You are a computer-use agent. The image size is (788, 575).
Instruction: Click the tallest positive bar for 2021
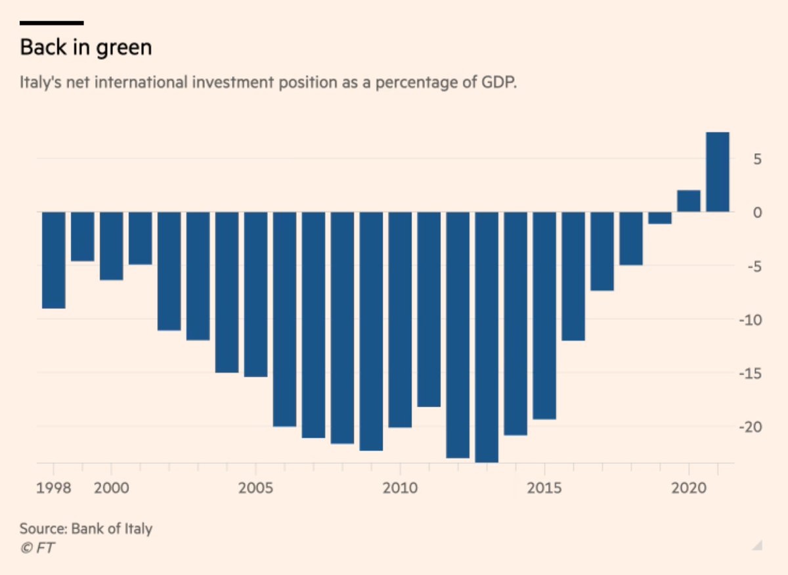[717, 172]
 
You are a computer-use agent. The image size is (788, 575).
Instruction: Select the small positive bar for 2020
[688, 201]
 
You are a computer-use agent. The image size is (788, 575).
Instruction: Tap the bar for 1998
[54, 260]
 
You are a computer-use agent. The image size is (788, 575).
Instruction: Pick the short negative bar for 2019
[659, 218]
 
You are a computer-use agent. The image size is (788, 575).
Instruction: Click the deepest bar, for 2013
[487, 336]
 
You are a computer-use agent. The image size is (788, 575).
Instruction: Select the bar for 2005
[255, 294]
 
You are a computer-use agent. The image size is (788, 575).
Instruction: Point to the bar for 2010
[400, 319]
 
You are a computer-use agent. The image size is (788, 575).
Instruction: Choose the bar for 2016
[573, 276]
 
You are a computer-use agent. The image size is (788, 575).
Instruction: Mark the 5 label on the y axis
[757, 159]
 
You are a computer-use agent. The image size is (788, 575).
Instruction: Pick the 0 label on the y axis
[757, 213]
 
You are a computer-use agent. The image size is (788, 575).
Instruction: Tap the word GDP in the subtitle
[500, 84]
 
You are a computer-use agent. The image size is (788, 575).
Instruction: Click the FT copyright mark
[37, 547]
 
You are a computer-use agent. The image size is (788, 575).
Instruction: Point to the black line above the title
[52, 23]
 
